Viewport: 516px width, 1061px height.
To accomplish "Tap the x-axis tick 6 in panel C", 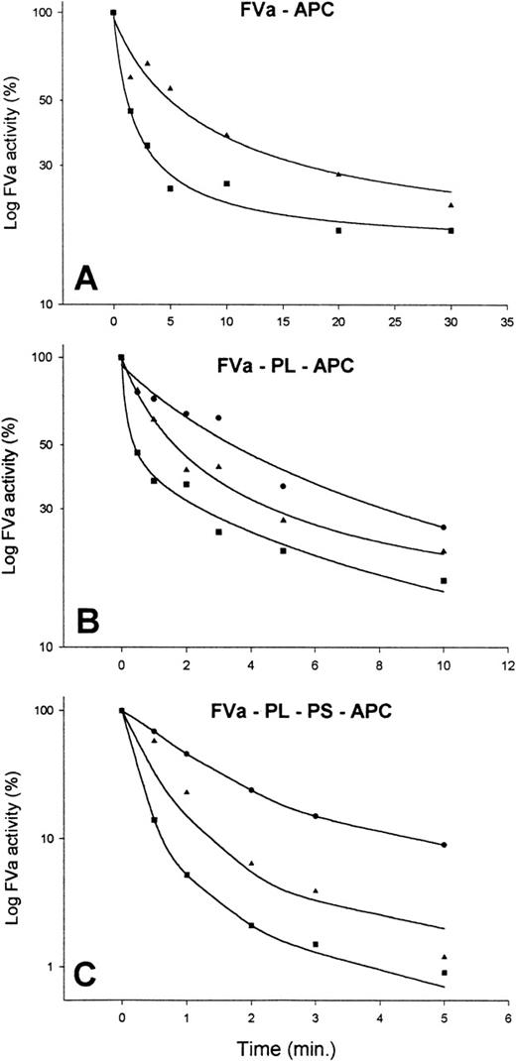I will [x=508, y=1018].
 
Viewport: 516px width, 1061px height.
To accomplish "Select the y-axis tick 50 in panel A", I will [x=44, y=100].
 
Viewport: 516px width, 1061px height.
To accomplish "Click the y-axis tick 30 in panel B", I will [x=44, y=509].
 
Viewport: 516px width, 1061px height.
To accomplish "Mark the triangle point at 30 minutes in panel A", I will [x=451, y=205].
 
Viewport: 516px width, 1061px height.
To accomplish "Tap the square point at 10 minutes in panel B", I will [x=444, y=581].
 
